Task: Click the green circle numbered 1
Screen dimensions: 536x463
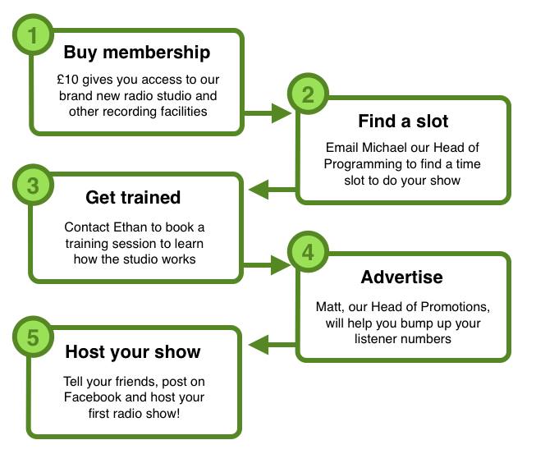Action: [x=33, y=34]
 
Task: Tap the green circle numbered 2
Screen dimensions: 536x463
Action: [x=308, y=94]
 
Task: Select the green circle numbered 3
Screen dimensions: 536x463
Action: [x=33, y=186]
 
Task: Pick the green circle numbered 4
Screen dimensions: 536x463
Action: [x=308, y=252]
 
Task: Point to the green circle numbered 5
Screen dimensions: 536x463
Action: [x=33, y=337]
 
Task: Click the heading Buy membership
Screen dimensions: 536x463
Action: [x=137, y=53]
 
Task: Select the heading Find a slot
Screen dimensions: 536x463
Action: [x=403, y=121]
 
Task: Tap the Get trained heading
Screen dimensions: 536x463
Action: [x=133, y=197]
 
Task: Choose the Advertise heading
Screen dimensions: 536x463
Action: [x=402, y=277]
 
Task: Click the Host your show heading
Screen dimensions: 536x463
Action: [x=133, y=352]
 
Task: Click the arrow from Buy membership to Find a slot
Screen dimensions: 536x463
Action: [x=268, y=112]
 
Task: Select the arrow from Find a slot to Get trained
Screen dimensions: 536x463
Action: [x=273, y=190]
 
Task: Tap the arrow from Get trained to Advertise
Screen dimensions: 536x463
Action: [x=267, y=265]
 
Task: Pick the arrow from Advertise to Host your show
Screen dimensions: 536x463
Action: [x=273, y=344]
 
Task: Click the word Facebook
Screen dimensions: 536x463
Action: [x=93, y=397]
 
